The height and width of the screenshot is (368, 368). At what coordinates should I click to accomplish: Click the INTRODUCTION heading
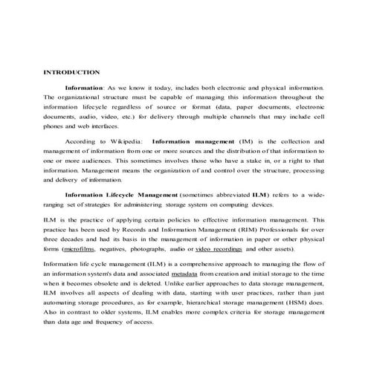pyautogui.click(x=72, y=72)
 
